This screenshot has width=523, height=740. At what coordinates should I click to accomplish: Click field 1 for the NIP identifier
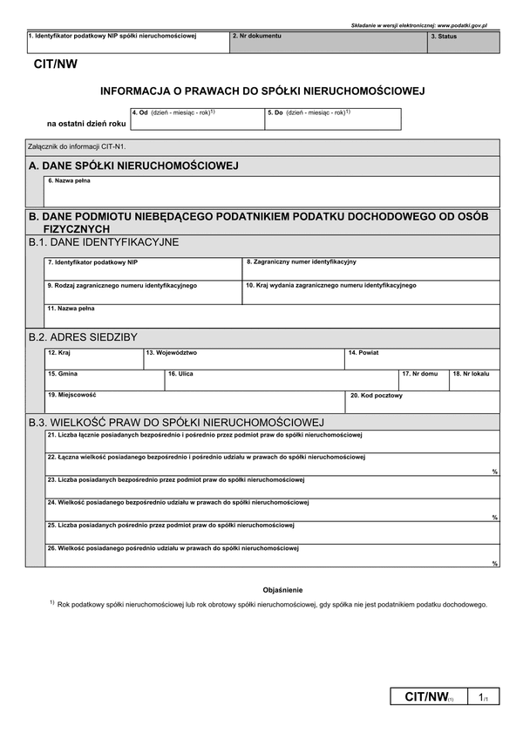coord(126,43)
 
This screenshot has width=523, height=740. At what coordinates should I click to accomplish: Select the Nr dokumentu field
coord(328,43)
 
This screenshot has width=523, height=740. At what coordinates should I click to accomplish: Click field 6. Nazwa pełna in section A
coord(272,192)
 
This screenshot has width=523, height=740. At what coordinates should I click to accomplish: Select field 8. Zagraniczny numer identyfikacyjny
coord(370,268)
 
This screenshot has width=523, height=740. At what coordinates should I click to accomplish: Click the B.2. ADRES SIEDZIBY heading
coord(83,336)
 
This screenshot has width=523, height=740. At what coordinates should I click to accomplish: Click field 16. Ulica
coord(281,380)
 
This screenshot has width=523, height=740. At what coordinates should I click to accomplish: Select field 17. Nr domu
coord(423,380)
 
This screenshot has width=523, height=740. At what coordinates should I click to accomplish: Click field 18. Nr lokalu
coord(474,380)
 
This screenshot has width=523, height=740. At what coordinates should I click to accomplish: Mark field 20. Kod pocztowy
coord(424,402)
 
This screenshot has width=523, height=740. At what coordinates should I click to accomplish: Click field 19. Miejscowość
coord(195,402)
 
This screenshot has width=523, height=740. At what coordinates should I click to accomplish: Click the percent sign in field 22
coord(494,472)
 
